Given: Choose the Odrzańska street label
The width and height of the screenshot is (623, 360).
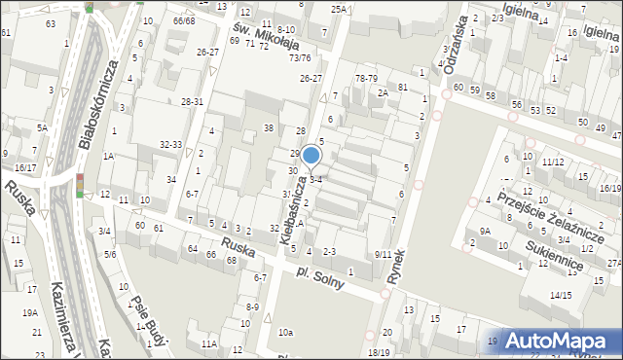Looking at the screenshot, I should click(x=450, y=49).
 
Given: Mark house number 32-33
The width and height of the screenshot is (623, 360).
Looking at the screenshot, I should click(x=170, y=144).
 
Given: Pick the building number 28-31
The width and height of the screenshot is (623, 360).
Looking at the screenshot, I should click(x=192, y=101).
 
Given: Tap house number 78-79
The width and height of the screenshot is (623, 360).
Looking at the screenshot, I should click(x=366, y=78).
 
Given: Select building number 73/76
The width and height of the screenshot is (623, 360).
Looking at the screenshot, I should click(x=299, y=58).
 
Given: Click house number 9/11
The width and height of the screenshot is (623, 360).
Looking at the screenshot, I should click(x=383, y=254).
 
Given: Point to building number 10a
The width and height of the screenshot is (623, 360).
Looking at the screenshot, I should click(x=285, y=333).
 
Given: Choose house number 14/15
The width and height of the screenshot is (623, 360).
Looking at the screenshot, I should click(x=560, y=295).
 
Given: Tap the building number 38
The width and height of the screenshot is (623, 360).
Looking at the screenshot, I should click(x=268, y=128).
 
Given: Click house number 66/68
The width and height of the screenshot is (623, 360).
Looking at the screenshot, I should click(x=184, y=20).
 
